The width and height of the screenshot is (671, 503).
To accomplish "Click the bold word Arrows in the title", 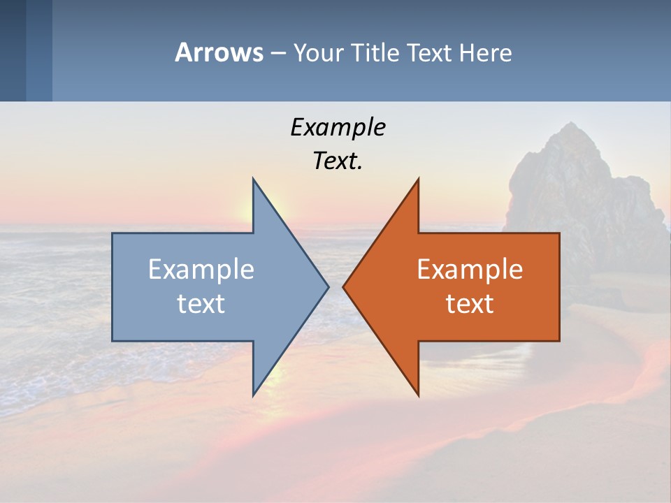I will pos(219,52).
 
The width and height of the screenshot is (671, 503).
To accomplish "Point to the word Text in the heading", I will pos(429,52).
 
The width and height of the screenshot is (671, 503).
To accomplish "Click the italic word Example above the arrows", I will pos(338,127).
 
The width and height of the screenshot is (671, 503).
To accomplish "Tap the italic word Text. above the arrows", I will pos(338,161).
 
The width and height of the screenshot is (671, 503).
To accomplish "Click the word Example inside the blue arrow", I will pos(201,269).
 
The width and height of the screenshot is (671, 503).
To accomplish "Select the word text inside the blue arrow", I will pos(201,304).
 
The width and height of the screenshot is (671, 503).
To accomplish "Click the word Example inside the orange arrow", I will pos(470,269).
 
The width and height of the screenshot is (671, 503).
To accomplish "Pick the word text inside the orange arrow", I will pos(470,304).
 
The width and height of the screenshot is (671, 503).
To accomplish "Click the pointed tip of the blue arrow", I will pos(327,286).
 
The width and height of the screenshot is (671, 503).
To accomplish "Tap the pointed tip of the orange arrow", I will pos(344,286).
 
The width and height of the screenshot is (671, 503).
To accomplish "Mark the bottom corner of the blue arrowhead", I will pos(254,394).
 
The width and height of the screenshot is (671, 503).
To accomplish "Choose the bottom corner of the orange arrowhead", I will pos(418,394).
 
